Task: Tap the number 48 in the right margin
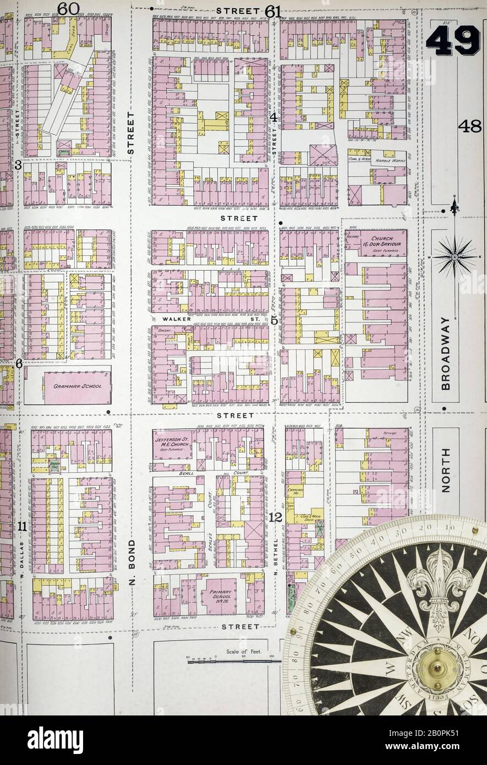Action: [x=469, y=127]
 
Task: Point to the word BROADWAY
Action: [x=445, y=353]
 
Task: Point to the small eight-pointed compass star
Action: [x=455, y=256]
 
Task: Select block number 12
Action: [x=276, y=517]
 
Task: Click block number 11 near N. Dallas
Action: [x=22, y=526]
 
